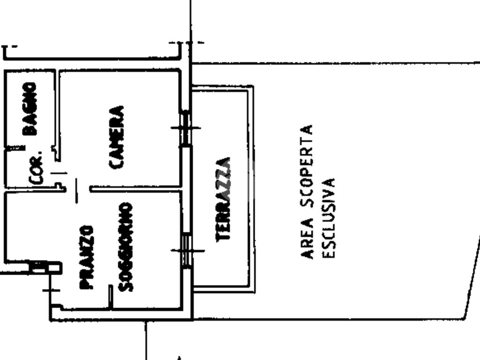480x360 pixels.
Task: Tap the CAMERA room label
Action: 116,137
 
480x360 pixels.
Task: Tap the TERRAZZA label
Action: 223,199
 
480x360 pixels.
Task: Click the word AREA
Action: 307,238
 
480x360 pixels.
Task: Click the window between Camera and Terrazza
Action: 186,127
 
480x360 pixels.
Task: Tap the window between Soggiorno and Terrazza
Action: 187,250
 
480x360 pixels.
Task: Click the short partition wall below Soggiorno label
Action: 111,297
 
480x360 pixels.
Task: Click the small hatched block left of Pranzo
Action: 38,267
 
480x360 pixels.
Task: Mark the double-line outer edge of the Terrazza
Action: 252,187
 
